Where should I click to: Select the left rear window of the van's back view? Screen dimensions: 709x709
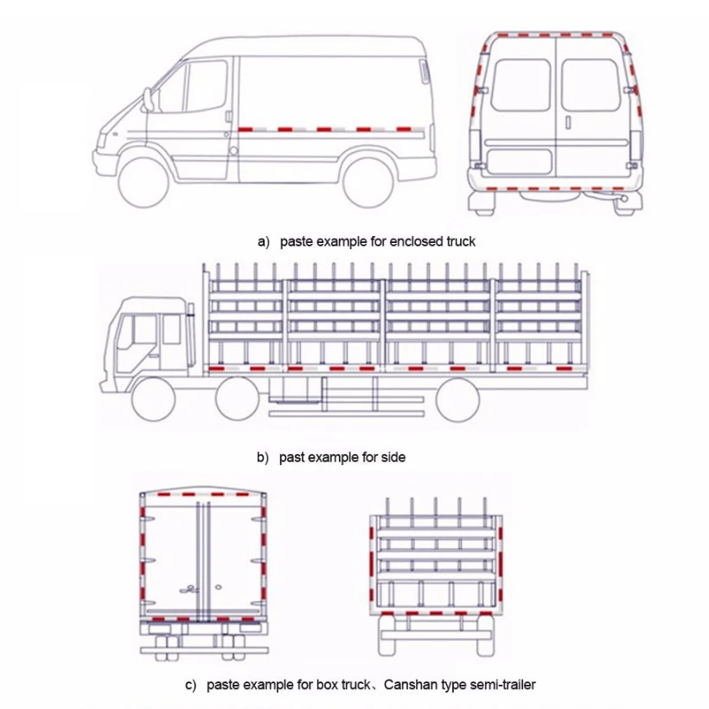click(x=520, y=85)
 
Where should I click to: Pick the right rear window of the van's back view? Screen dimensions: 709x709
click(x=590, y=85)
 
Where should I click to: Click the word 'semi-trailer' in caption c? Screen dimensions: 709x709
click(x=501, y=685)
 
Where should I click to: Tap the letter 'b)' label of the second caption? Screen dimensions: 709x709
click(x=262, y=457)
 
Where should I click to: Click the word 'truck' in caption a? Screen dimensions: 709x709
click(x=460, y=241)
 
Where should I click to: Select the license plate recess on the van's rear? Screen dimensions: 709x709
click(x=519, y=161)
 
